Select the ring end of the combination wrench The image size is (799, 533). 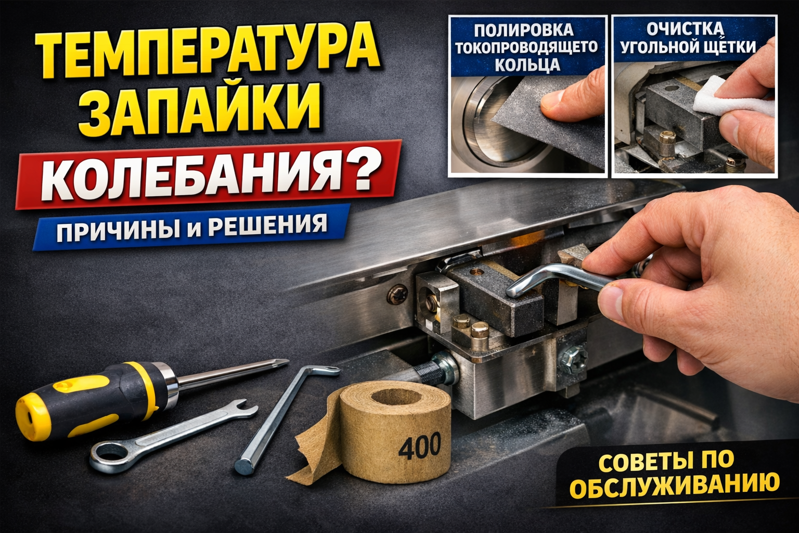[109, 454]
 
